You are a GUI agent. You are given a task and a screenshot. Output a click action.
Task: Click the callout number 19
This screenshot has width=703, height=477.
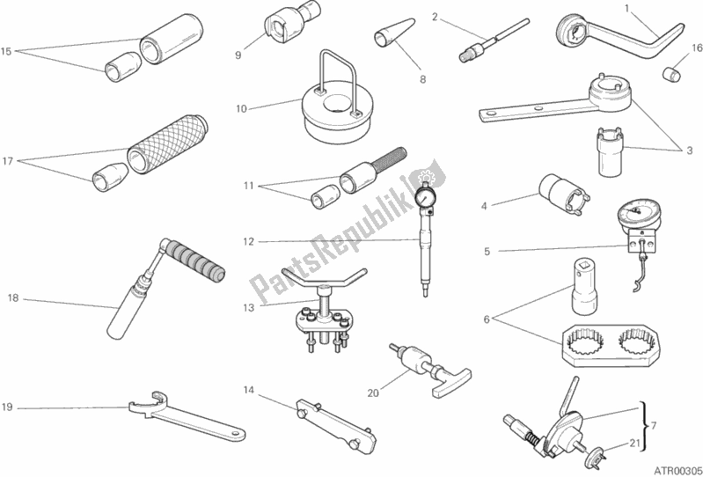[7, 407]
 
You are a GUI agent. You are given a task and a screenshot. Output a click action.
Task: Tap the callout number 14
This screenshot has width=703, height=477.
[248, 390]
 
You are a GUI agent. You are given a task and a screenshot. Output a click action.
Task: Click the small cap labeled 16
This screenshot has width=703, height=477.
[671, 74]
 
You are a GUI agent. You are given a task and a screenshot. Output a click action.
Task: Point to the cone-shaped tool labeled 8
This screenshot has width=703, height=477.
[393, 33]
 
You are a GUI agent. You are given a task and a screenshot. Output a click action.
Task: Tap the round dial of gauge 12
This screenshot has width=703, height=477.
[425, 196]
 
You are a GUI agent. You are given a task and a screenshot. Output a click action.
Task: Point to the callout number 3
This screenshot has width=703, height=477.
[689, 150]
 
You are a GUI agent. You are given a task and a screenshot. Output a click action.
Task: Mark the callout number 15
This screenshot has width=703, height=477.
[6, 52]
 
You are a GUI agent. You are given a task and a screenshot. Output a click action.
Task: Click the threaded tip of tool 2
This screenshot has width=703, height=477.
[465, 56]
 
